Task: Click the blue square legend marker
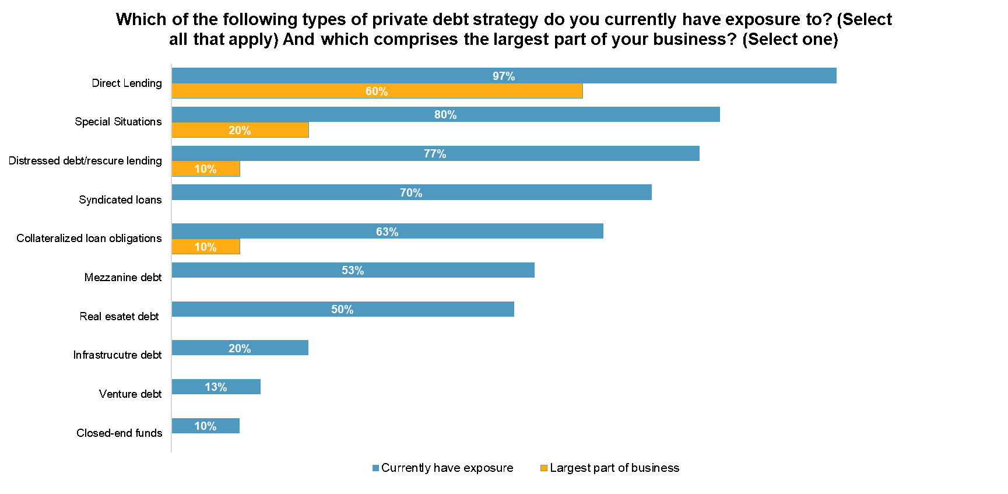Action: [375, 468]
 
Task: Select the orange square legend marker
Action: [544, 468]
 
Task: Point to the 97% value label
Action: [504, 76]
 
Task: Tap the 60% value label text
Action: [377, 92]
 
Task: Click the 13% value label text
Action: [216, 387]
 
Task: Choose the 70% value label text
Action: [411, 193]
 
